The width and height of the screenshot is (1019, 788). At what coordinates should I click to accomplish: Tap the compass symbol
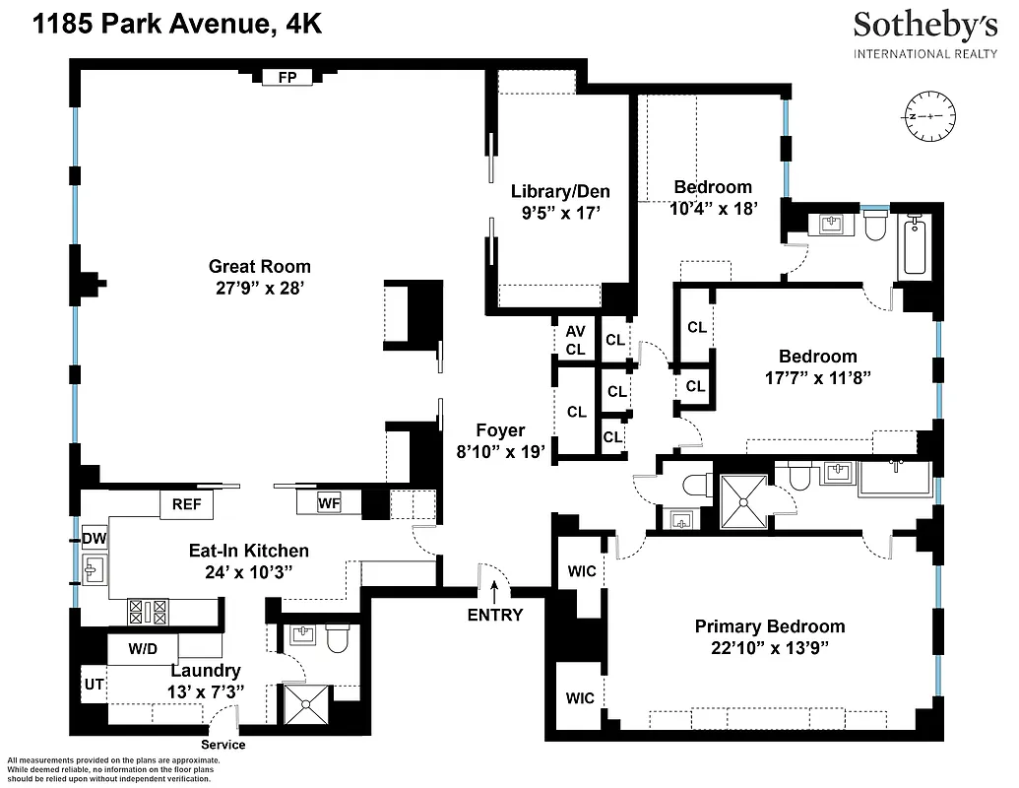coord(927,115)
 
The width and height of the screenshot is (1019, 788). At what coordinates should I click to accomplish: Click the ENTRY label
coord(495,616)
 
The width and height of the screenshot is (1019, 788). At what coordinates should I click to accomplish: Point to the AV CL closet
coord(575,341)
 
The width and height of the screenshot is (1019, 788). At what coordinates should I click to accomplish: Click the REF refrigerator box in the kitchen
coord(186,504)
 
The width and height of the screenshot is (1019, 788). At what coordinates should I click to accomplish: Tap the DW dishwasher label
coord(94,538)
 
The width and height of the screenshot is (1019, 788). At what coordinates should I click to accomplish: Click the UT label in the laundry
coord(94,682)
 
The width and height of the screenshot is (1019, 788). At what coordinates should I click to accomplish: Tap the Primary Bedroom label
coord(770,626)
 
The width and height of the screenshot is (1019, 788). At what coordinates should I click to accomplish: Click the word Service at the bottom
coord(223,745)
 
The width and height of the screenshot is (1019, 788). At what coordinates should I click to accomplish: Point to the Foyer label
coord(500,430)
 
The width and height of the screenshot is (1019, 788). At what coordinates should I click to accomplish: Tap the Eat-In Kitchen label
coord(248,551)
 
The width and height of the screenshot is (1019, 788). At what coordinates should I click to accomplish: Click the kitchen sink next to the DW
coord(96,569)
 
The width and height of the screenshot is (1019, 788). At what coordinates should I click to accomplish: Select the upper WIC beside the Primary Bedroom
coord(581,571)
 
